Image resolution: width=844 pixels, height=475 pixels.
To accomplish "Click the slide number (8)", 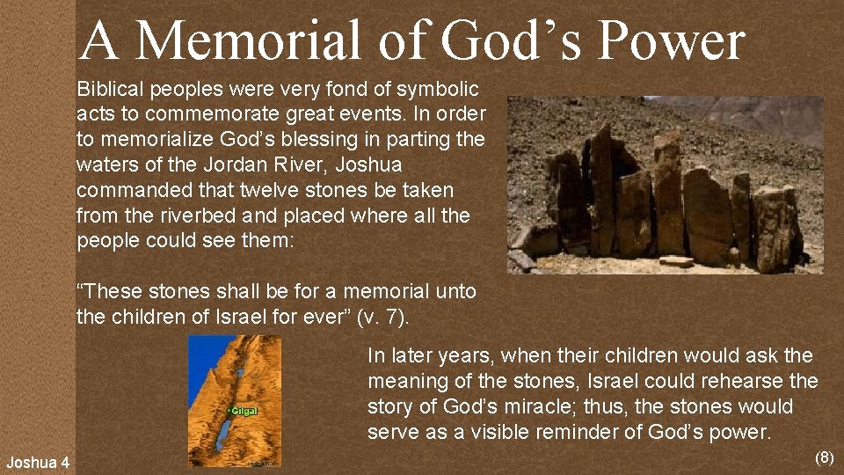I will [825, 457].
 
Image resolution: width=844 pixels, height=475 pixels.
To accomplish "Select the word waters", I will [109, 164].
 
